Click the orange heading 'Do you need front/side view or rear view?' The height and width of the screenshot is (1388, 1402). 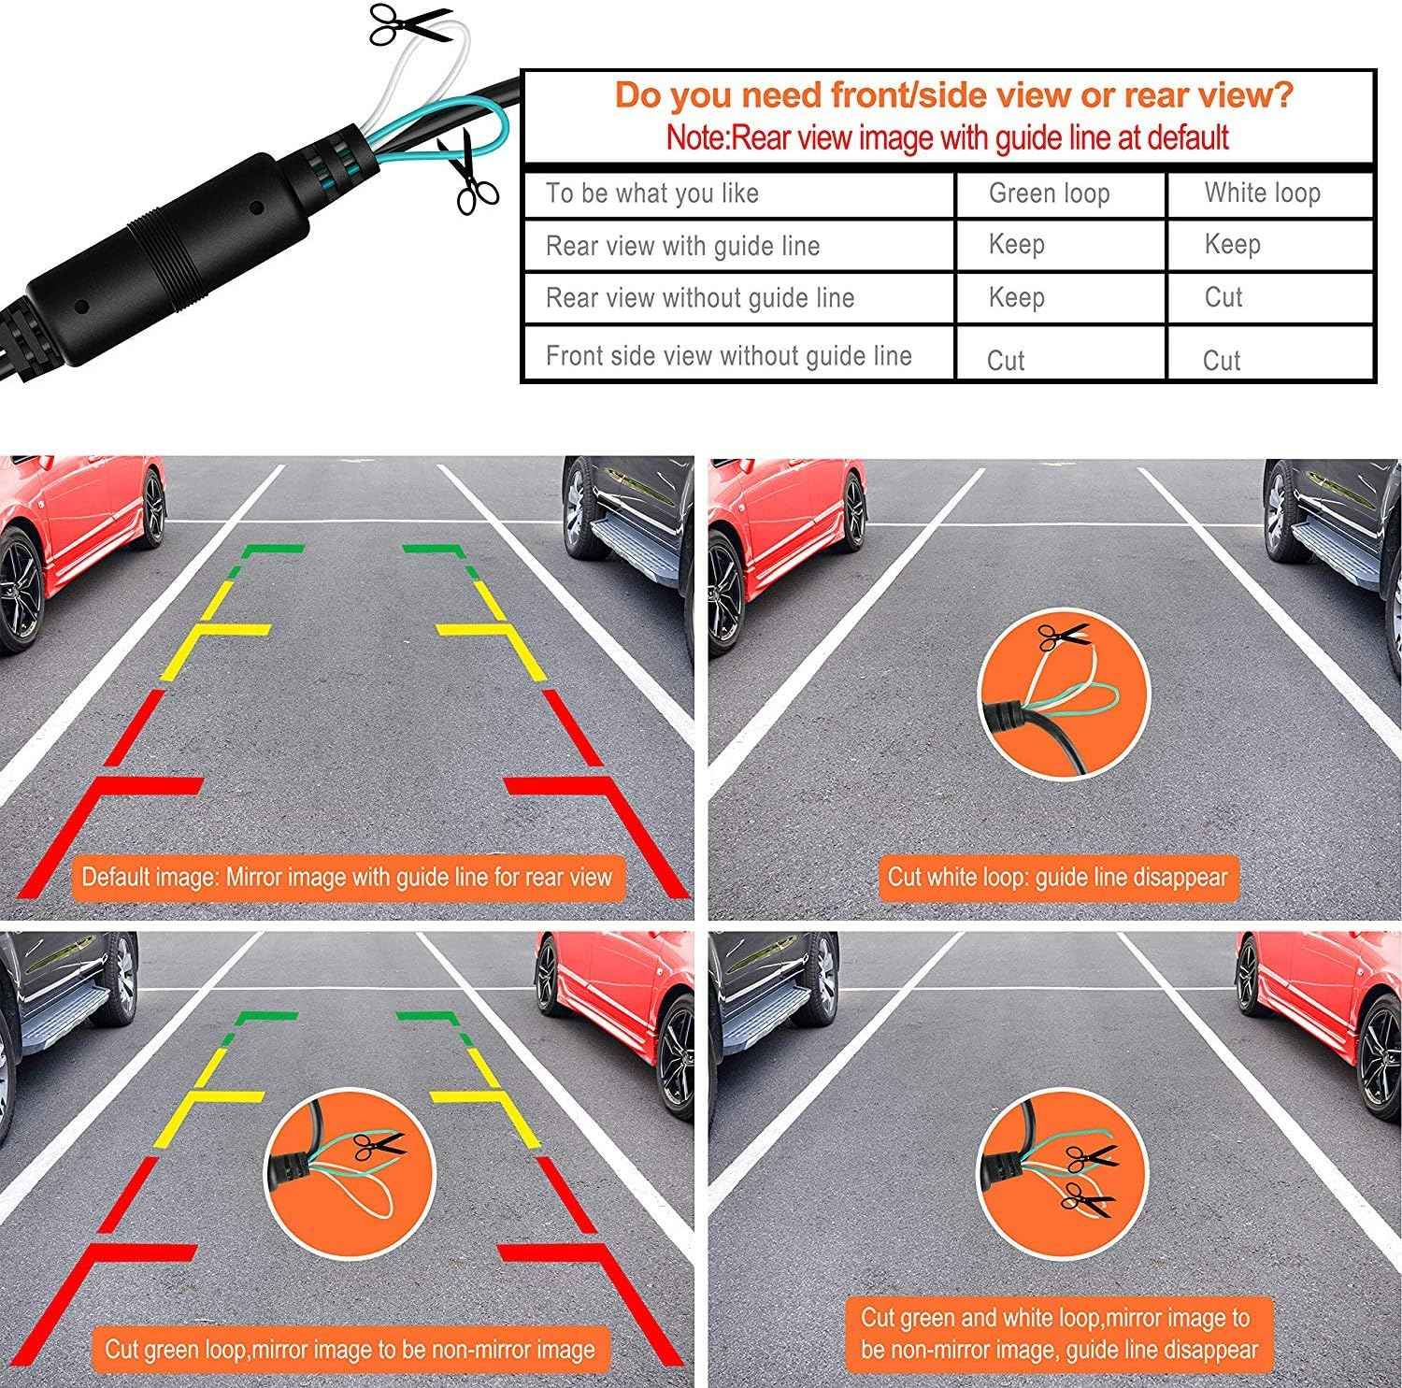[x=953, y=95]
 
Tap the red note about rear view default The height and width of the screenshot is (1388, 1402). [x=947, y=137]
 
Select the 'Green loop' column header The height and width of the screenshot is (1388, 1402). [x=1049, y=193]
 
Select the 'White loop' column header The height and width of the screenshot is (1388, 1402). [x=1262, y=193]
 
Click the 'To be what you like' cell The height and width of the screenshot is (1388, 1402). [x=651, y=193]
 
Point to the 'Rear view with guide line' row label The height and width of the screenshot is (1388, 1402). [x=682, y=246]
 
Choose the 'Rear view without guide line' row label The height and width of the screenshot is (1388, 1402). [x=699, y=298]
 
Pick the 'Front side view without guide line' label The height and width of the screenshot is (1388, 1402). [x=728, y=356]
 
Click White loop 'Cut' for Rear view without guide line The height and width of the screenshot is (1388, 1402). [x=1223, y=298]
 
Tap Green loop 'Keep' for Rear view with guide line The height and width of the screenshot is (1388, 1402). [x=1016, y=245]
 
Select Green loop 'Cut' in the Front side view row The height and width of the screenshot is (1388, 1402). [x=1006, y=361]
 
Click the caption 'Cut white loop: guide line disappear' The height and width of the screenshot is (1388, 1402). [x=1056, y=877]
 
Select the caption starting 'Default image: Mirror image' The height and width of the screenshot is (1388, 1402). [x=346, y=877]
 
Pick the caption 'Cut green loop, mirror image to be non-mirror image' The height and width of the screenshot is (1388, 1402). [x=349, y=1349]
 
